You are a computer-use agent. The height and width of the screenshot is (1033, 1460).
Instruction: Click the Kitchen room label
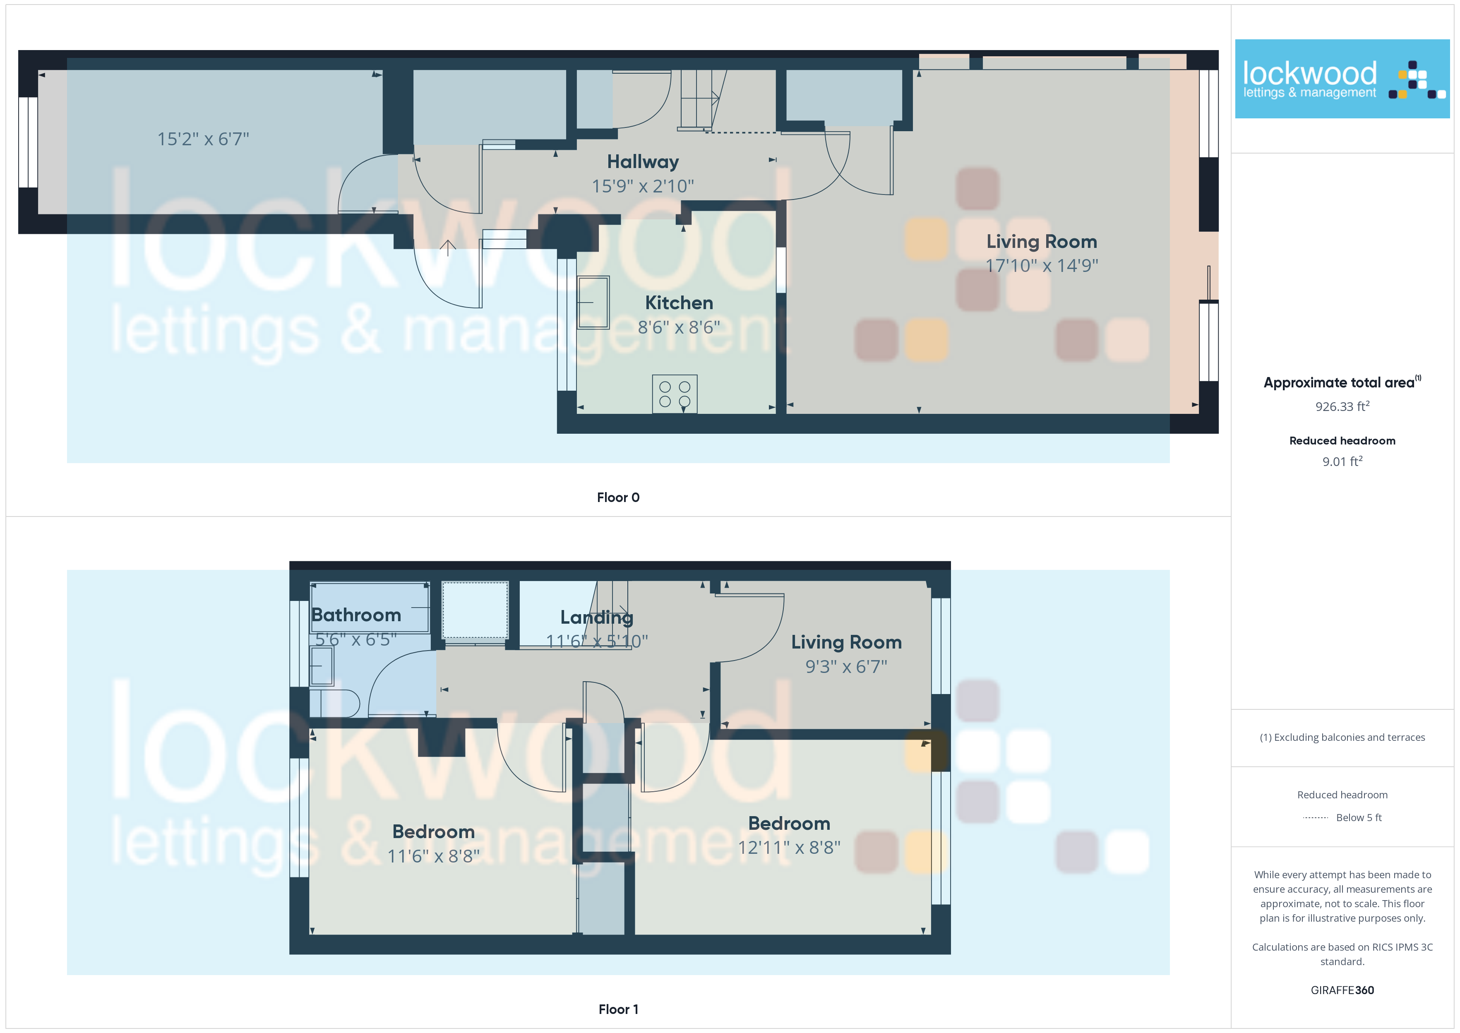click(679, 303)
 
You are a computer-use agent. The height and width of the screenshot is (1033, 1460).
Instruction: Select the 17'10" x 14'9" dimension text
click(1042, 265)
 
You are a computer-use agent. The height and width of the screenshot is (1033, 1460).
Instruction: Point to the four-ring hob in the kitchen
click(675, 394)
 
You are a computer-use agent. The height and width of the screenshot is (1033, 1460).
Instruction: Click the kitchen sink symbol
click(593, 302)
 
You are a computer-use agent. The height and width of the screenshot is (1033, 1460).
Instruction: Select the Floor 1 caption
click(618, 1009)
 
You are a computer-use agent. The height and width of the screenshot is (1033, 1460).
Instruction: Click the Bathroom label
click(356, 615)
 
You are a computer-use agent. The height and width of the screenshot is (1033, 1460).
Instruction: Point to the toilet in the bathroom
click(334, 704)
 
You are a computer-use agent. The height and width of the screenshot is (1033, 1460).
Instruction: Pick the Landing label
click(596, 617)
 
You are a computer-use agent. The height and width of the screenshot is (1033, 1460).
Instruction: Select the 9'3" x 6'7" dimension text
click(846, 667)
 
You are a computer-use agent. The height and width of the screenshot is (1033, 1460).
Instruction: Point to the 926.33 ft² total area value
click(1342, 406)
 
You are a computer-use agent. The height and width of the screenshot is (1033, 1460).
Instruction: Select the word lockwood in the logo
click(1309, 73)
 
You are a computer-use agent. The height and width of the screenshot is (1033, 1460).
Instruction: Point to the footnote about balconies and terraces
click(1342, 737)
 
